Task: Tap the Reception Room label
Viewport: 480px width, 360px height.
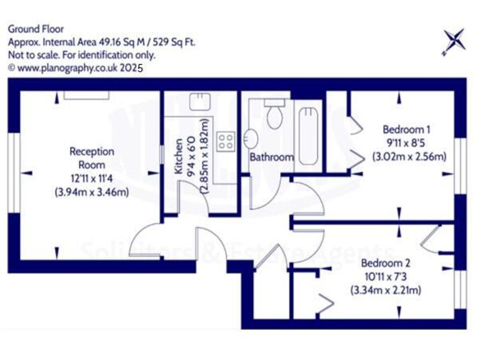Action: click(92, 157)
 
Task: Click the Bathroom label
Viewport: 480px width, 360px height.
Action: click(271, 157)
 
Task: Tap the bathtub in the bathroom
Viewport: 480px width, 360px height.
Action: click(308, 135)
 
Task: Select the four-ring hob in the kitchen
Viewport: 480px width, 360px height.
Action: click(226, 141)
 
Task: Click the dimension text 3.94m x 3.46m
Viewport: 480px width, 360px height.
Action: click(92, 192)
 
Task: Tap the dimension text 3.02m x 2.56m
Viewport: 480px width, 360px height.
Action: click(409, 156)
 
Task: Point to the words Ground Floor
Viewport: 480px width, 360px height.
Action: click(36, 29)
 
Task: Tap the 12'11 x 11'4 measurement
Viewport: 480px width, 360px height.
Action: click(91, 179)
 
